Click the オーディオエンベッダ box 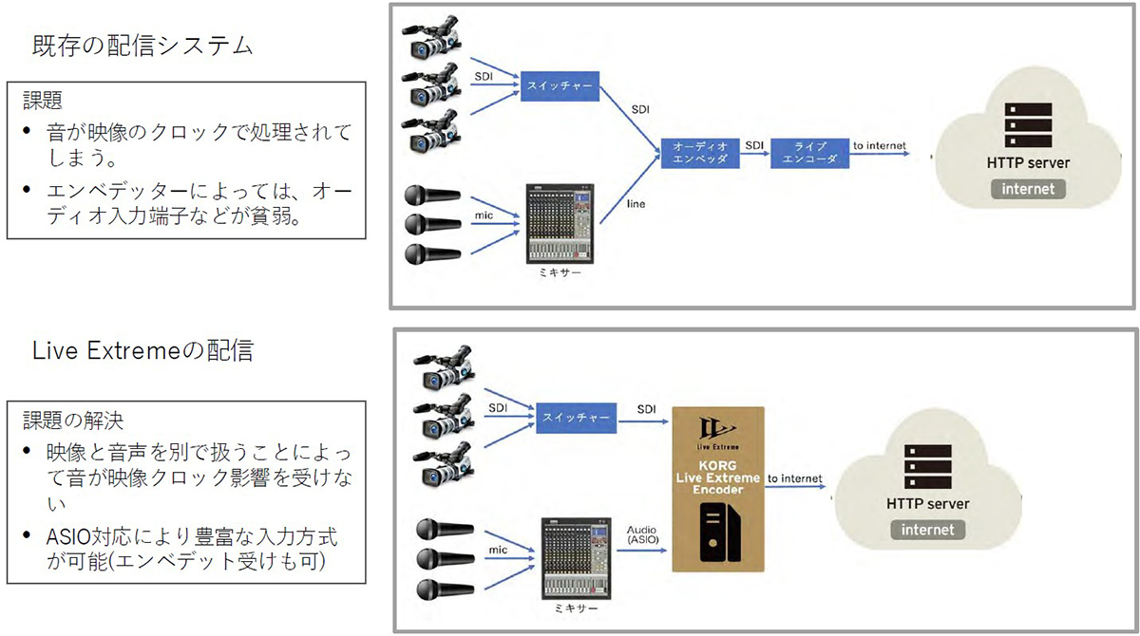700,153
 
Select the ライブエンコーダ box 809,153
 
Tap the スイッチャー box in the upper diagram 560,86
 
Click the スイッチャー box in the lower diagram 576,418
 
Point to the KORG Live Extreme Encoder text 717,477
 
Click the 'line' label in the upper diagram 636,204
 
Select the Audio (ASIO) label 642,534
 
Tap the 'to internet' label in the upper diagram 880,146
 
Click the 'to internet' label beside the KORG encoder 794,478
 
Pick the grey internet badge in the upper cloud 1028,189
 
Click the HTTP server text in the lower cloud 928,504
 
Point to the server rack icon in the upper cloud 1028,125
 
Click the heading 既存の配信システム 142,46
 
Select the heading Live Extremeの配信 142,351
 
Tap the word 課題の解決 73,421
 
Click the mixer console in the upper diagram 560,224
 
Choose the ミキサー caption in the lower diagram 575,608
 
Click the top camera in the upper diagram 432,37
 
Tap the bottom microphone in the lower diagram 446,589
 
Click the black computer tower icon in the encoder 720,532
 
